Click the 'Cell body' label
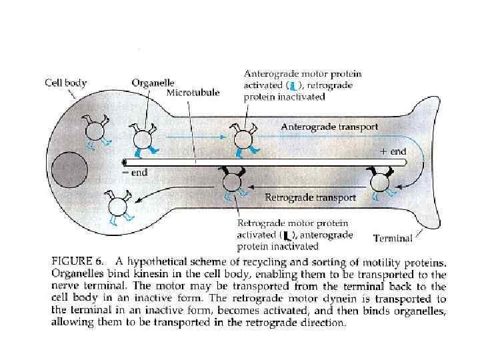coord(65,83)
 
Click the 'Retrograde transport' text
coord(311,197)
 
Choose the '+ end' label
coord(393,151)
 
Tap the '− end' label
coord(135,172)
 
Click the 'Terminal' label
coord(393,237)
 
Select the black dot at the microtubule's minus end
coord(125,161)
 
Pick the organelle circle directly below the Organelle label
coord(143,139)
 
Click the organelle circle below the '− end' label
coord(120,204)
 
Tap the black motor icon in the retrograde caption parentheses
coord(287,234)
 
